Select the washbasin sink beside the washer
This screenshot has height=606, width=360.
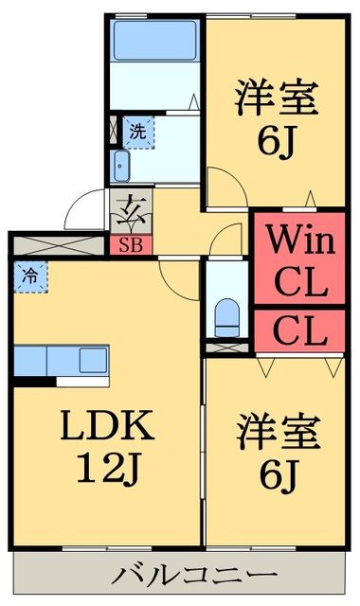point(121,167)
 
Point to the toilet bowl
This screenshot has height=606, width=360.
point(226,314)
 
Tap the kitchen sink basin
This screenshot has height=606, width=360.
point(93,360)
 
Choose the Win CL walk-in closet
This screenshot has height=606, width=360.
point(297,261)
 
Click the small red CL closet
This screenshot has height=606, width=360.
point(299,330)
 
